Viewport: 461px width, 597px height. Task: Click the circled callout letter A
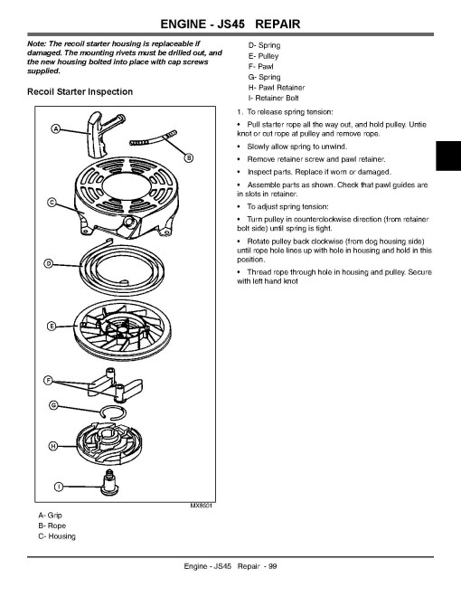coord(56,129)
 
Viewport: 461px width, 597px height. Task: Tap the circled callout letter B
coord(189,157)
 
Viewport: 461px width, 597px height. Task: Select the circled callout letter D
coord(49,263)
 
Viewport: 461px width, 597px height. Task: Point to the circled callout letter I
coord(58,487)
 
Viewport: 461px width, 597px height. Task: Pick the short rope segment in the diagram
coord(154,138)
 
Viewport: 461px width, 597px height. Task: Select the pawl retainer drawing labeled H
coord(109,444)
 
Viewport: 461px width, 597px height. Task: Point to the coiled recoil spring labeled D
coord(122,268)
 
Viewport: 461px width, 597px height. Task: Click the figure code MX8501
coord(202,506)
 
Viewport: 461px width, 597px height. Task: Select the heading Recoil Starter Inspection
coord(80,91)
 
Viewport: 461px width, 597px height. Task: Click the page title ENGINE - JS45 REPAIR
coord(230,24)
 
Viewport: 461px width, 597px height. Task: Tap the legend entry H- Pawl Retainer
coord(277,88)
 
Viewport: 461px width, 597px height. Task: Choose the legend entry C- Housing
coord(57,536)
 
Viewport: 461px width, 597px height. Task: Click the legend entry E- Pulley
coord(263,56)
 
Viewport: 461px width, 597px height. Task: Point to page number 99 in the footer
coord(273,566)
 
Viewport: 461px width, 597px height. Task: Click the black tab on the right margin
coord(448,156)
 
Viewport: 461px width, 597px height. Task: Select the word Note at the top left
coord(36,43)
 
